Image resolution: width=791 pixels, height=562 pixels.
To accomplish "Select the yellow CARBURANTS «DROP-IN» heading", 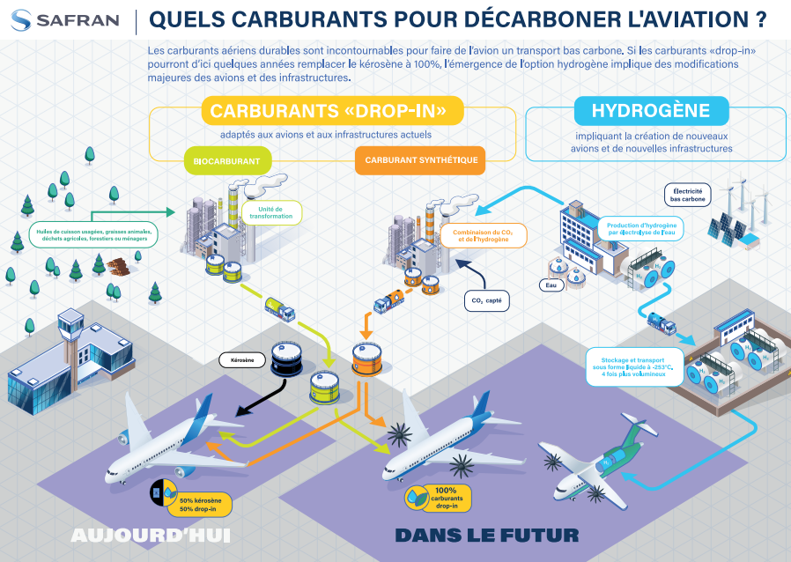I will tap(336, 110).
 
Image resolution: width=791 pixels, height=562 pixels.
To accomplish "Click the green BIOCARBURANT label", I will tap(227, 159).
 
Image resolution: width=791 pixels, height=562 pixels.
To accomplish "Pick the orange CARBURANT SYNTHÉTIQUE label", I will tap(421, 159).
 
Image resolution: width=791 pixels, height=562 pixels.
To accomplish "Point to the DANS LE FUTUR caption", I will tap(486, 536).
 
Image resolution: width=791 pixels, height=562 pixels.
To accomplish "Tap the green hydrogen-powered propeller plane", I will tap(599, 458).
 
